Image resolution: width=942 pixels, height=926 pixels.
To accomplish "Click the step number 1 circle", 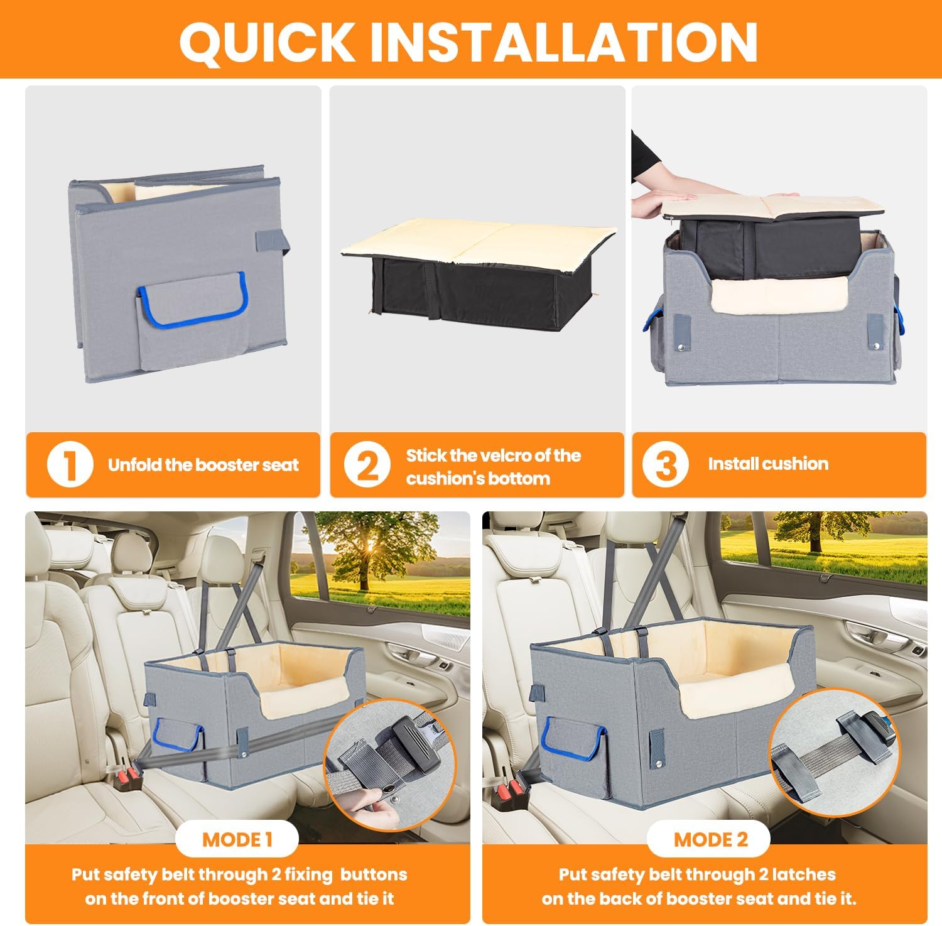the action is (70, 466).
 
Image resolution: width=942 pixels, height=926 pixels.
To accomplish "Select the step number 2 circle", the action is (367, 466).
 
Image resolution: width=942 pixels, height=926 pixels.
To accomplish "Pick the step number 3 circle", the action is (666, 466).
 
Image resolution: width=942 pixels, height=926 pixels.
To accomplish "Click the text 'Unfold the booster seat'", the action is (203, 466).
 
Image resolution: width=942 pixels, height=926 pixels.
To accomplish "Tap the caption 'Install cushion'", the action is (768, 464).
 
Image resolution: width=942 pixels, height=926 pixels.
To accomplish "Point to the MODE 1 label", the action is (237, 840).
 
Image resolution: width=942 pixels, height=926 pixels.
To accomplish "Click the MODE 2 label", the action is (711, 840).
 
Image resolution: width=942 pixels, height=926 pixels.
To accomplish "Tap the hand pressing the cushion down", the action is (659, 201).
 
